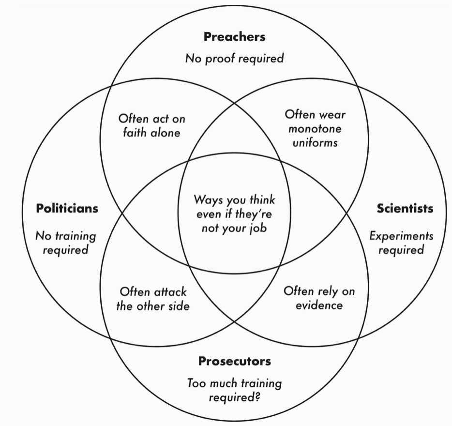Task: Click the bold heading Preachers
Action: [x=234, y=37]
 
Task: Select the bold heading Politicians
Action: [x=67, y=208]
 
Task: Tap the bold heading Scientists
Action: [x=405, y=208]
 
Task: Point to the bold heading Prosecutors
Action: [x=235, y=361]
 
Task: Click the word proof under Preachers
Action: [x=220, y=59]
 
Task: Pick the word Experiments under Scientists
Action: [x=401, y=236]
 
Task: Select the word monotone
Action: [x=315, y=129]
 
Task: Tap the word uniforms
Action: [x=315, y=143]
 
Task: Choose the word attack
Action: [x=170, y=292]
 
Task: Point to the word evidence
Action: [x=319, y=305]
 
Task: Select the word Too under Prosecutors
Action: [x=196, y=383]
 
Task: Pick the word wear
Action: [x=332, y=115]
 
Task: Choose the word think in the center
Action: [x=262, y=200]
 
